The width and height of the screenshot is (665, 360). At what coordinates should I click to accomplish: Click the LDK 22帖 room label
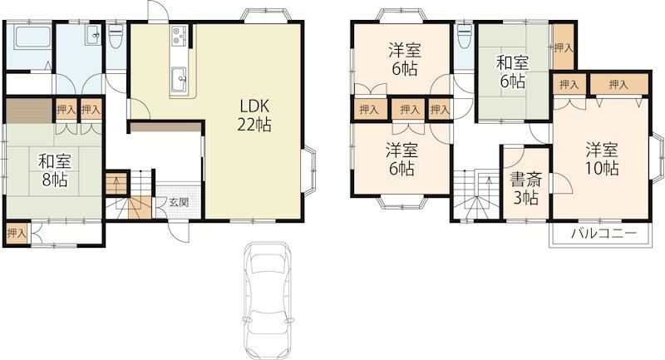coord(255,115)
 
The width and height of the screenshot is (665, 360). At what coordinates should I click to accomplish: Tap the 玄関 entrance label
coord(179,202)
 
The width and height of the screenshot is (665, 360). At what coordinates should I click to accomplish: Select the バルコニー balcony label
coord(603,234)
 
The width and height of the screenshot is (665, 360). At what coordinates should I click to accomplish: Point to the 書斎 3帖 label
coord(526,188)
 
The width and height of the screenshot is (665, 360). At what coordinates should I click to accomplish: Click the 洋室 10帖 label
coord(602,160)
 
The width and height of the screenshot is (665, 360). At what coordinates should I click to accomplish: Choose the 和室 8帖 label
coord(55,170)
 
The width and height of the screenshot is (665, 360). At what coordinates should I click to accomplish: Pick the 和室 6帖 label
coord(513,72)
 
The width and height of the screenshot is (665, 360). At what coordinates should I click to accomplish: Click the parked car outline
coord(268,300)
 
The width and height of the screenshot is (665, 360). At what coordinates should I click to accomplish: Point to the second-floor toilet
coord(465,36)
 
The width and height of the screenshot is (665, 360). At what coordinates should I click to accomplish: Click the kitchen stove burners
coord(179,36)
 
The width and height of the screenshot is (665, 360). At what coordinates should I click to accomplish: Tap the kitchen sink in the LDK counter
coord(179,78)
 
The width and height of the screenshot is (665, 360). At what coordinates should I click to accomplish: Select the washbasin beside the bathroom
coord(92,34)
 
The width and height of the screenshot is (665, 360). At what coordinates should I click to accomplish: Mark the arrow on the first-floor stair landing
coord(117,184)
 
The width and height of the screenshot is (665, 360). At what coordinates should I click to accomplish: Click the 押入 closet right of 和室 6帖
coord(564,47)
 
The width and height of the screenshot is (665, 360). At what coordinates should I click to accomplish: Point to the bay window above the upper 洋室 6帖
coord(401,15)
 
